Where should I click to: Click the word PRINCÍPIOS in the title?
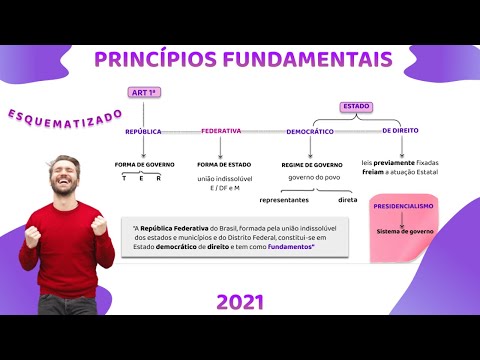pos(160,59)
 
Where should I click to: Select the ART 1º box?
pos(145,93)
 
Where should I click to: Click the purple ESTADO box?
pos(355,106)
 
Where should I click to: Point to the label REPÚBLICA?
pos(143,131)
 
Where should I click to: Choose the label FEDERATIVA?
pos(221,131)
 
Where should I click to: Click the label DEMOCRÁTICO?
pos(310,131)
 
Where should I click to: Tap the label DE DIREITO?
pos(400,131)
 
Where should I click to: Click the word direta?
pos(348,200)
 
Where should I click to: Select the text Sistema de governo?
pos(405,231)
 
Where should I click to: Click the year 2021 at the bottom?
pos(240,302)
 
